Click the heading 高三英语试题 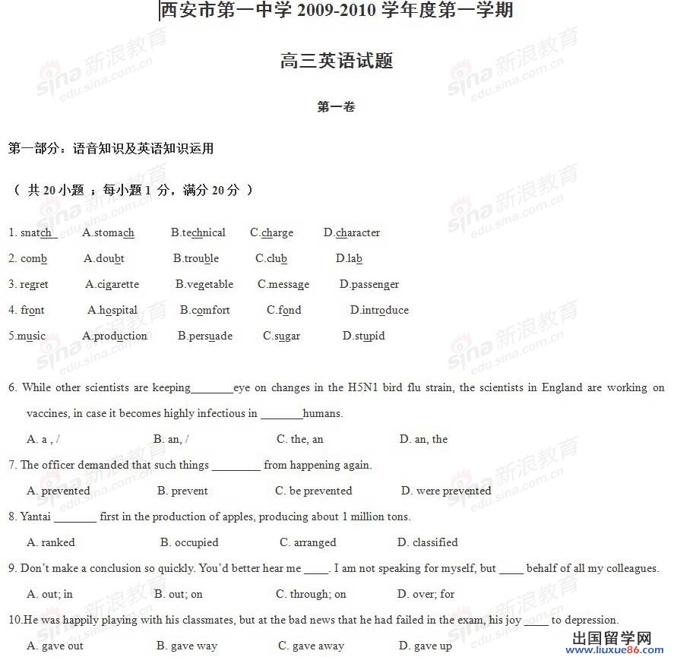point(336,62)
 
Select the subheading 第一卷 point(336,107)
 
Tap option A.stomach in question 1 point(108,233)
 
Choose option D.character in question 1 point(352,233)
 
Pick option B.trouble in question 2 point(196,259)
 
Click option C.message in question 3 point(283,285)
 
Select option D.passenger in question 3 point(369,285)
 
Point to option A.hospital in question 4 point(112,311)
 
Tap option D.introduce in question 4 point(379,311)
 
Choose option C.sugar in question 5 point(281,336)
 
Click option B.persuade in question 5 point(205,336)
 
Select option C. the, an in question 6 point(300,440)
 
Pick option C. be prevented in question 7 point(314,491)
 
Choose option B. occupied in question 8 point(189,543)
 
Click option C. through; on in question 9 point(312,595)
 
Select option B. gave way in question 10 point(187,646)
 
